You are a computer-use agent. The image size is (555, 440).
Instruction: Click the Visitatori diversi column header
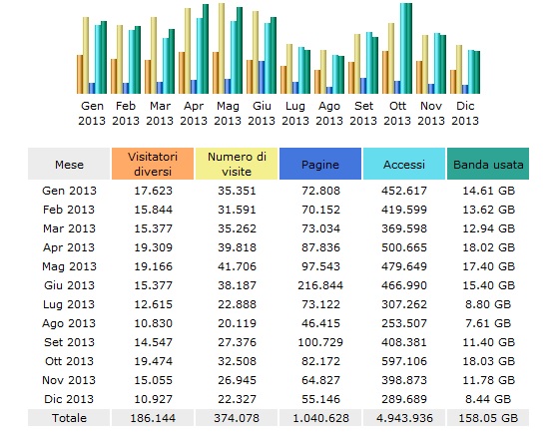click(x=153, y=164)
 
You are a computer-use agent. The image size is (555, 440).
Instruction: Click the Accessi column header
click(x=404, y=164)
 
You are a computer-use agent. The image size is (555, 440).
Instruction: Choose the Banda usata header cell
click(x=489, y=164)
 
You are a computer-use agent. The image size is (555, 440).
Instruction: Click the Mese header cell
click(x=69, y=164)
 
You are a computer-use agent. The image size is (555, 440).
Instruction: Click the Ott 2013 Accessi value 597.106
click(x=404, y=360)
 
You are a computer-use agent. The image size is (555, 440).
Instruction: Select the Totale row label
click(x=69, y=417)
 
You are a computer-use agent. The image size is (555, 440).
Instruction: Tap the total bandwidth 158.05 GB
click(x=489, y=417)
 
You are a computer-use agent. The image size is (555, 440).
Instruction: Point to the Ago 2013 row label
click(x=69, y=322)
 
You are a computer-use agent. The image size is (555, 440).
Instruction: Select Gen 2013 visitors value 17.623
click(x=153, y=190)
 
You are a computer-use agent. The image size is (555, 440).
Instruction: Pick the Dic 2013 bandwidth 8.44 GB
click(x=489, y=398)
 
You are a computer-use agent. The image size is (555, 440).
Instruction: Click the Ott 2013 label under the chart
click(x=397, y=113)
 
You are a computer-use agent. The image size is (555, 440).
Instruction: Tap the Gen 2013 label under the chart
click(x=92, y=113)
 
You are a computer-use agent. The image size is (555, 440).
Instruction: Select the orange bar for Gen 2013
click(x=80, y=73)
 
